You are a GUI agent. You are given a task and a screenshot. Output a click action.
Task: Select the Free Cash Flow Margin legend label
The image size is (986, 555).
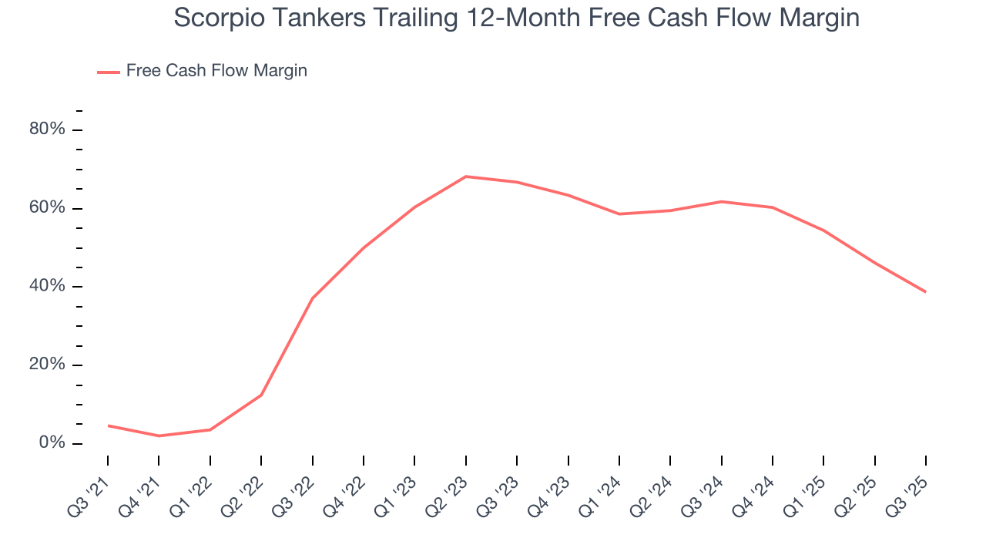click(x=216, y=71)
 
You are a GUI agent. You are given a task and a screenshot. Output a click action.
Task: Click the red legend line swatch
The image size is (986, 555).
click(x=108, y=72)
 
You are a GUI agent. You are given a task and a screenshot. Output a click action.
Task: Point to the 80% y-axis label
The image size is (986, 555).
click(x=46, y=129)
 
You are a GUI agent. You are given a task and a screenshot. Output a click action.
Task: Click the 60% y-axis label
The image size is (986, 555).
click(x=46, y=208)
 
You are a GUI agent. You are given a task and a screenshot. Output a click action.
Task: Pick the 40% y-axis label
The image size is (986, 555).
click(x=46, y=287)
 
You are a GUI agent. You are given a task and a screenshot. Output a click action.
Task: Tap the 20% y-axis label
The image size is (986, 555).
click(x=46, y=365)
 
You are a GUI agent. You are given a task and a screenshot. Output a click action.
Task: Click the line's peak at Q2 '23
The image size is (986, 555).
click(x=466, y=177)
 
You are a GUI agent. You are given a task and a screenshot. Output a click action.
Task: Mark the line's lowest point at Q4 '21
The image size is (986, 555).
click(x=159, y=436)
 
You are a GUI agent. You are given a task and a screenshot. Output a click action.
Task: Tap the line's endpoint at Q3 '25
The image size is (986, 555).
click(x=925, y=292)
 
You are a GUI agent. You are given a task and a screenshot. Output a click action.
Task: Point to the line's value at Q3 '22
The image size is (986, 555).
click(x=312, y=298)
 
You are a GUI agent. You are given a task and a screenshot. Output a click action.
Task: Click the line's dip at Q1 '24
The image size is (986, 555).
click(x=619, y=214)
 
